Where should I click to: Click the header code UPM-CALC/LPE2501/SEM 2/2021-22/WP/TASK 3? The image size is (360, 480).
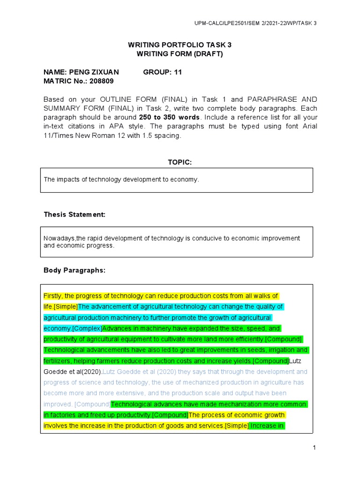[x=255, y=23]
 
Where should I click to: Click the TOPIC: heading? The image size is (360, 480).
[x=180, y=162]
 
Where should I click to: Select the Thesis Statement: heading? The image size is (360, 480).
[x=75, y=214]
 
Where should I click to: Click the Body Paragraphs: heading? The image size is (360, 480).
[x=75, y=270]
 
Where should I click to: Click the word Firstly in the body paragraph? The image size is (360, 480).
[x=54, y=296]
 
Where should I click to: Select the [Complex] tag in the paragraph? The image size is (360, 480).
[x=88, y=329]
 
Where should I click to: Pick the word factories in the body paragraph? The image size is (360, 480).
[x=64, y=415]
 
